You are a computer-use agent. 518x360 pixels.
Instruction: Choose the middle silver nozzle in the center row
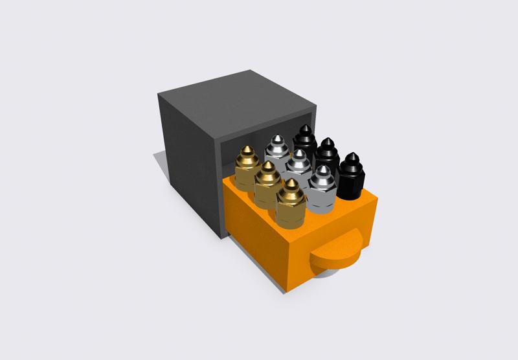click(x=298, y=168)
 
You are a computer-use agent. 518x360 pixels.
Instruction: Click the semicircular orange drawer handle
click(x=337, y=253)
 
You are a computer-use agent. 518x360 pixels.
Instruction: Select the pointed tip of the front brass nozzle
click(x=292, y=182)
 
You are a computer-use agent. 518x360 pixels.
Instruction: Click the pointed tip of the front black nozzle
click(x=352, y=155)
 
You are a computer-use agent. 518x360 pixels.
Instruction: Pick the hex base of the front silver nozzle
click(x=321, y=201)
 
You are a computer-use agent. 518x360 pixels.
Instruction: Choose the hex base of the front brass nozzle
click(x=291, y=217)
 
